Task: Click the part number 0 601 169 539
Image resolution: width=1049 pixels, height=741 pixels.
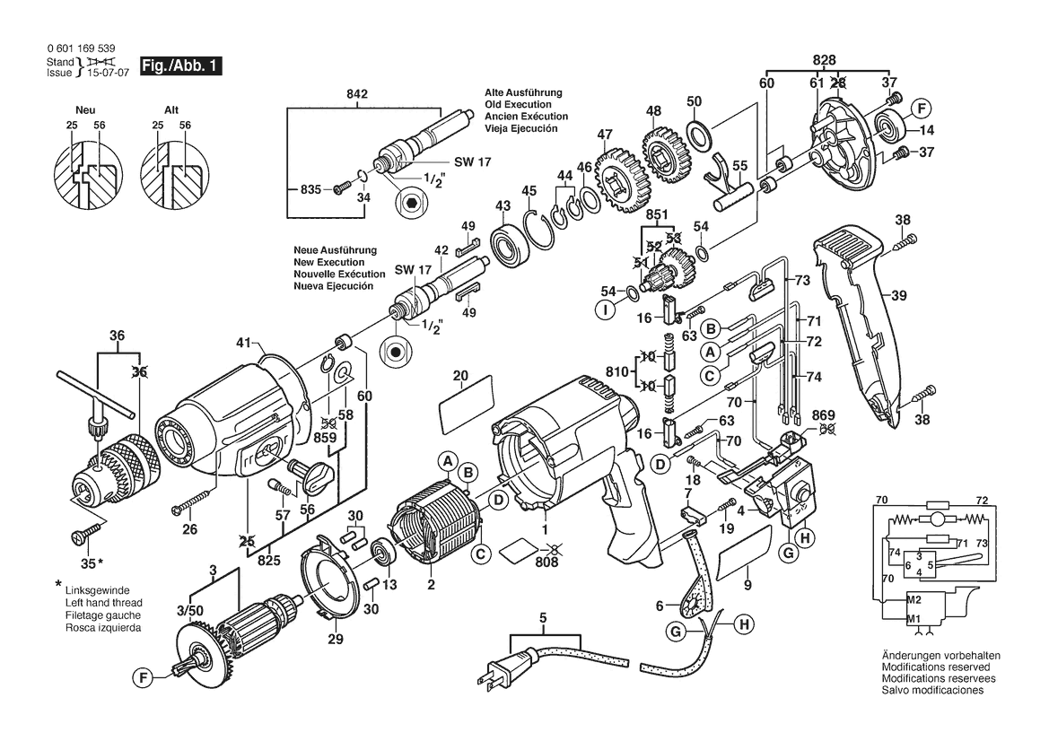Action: (x=80, y=48)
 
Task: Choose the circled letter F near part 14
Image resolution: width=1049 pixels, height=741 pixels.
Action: (x=920, y=109)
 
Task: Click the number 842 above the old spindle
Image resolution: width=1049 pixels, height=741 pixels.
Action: (x=357, y=93)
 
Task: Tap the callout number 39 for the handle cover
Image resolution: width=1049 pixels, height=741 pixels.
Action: (x=900, y=293)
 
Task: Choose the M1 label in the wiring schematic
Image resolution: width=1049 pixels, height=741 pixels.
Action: (x=914, y=620)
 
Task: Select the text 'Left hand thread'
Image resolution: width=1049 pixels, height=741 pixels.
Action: (x=104, y=603)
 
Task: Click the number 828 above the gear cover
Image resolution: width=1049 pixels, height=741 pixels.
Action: (x=824, y=58)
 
